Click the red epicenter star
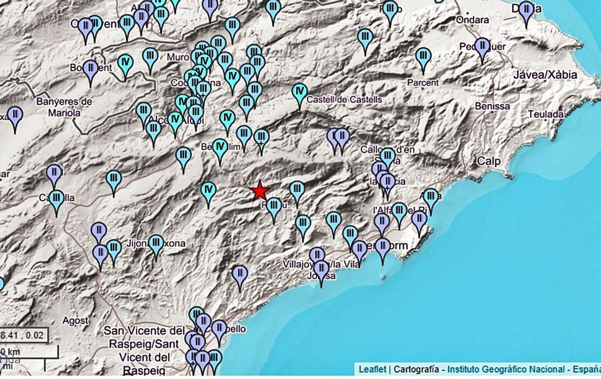coord(260,191)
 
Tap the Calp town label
coord(485,161)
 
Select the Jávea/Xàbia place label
coord(545,75)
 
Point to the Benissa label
coord(492,106)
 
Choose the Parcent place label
coord(423,82)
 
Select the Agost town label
coord(76,320)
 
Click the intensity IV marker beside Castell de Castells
coord(299,93)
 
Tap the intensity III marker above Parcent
coord(423,56)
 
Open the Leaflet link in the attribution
coord(372,369)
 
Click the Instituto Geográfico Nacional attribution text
coord(506,369)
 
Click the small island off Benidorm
coord(384,276)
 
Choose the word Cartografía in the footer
coord(417,369)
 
